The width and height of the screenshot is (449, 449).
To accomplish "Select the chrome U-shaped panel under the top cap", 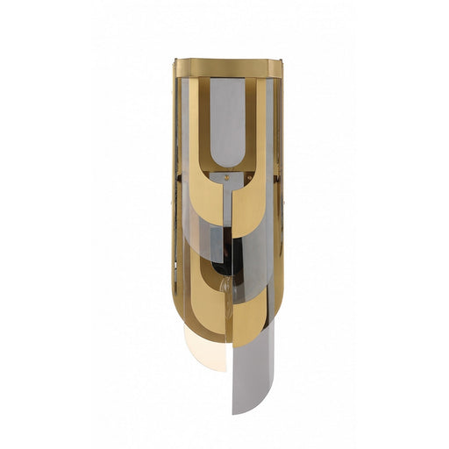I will (226, 123).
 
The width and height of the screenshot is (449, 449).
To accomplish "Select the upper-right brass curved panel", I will (254, 197).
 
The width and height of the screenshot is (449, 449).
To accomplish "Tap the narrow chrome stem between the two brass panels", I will (226, 206).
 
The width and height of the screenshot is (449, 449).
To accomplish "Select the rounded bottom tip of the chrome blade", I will (246, 410).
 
